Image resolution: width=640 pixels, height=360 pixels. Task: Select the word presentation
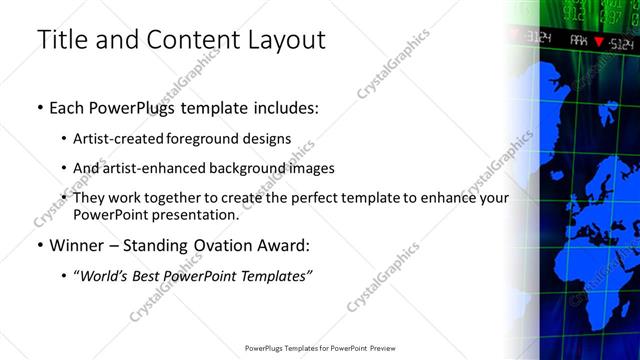click(x=194, y=214)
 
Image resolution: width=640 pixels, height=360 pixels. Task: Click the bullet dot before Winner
click(x=40, y=246)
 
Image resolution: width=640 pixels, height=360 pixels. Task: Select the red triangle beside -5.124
click(x=599, y=42)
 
